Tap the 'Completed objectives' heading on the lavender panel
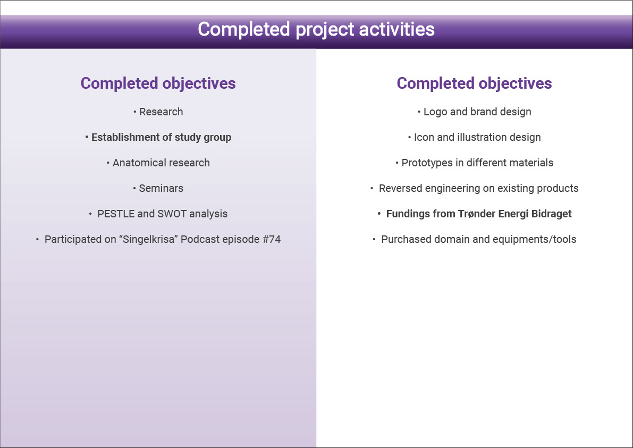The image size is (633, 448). [x=158, y=83]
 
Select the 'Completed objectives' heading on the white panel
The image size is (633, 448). [x=474, y=83]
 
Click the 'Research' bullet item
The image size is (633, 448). [x=161, y=112]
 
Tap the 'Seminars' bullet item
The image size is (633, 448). [x=161, y=188]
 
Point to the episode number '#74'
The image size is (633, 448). [x=272, y=239]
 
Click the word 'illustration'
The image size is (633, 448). [x=482, y=137]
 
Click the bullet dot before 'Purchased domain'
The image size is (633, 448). [x=374, y=240]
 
